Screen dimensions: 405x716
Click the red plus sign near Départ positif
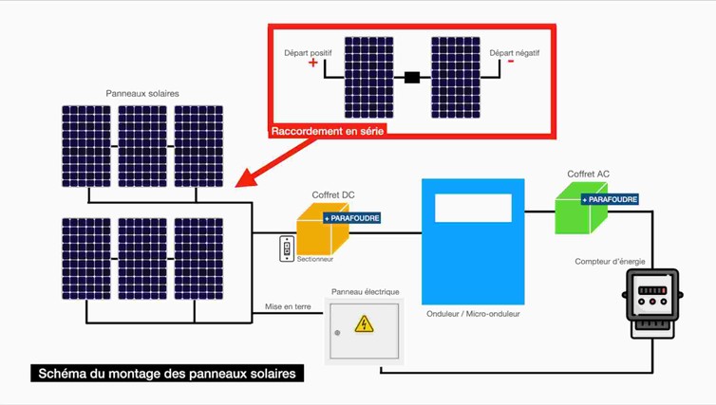pos(313,64)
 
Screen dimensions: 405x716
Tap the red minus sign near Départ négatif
pos(511,63)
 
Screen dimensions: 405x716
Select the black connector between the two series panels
pos(412,78)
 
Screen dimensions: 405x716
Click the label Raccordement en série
pos(328,132)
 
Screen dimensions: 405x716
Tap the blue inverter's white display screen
pos(473,208)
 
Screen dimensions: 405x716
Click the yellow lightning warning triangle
pos(364,324)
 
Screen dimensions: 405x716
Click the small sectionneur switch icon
pos(287,248)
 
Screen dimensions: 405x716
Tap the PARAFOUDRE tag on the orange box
pos(352,218)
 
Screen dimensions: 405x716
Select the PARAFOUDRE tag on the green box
pos(610,199)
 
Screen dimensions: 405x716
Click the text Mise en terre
pos(289,306)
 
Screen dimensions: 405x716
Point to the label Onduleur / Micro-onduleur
pos(473,313)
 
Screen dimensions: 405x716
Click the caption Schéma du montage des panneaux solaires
pos(167,374)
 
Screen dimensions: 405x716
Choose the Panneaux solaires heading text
pos(142,93)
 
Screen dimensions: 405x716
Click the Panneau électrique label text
pos(365,291)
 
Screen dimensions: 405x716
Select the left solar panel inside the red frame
pos(368,78)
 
